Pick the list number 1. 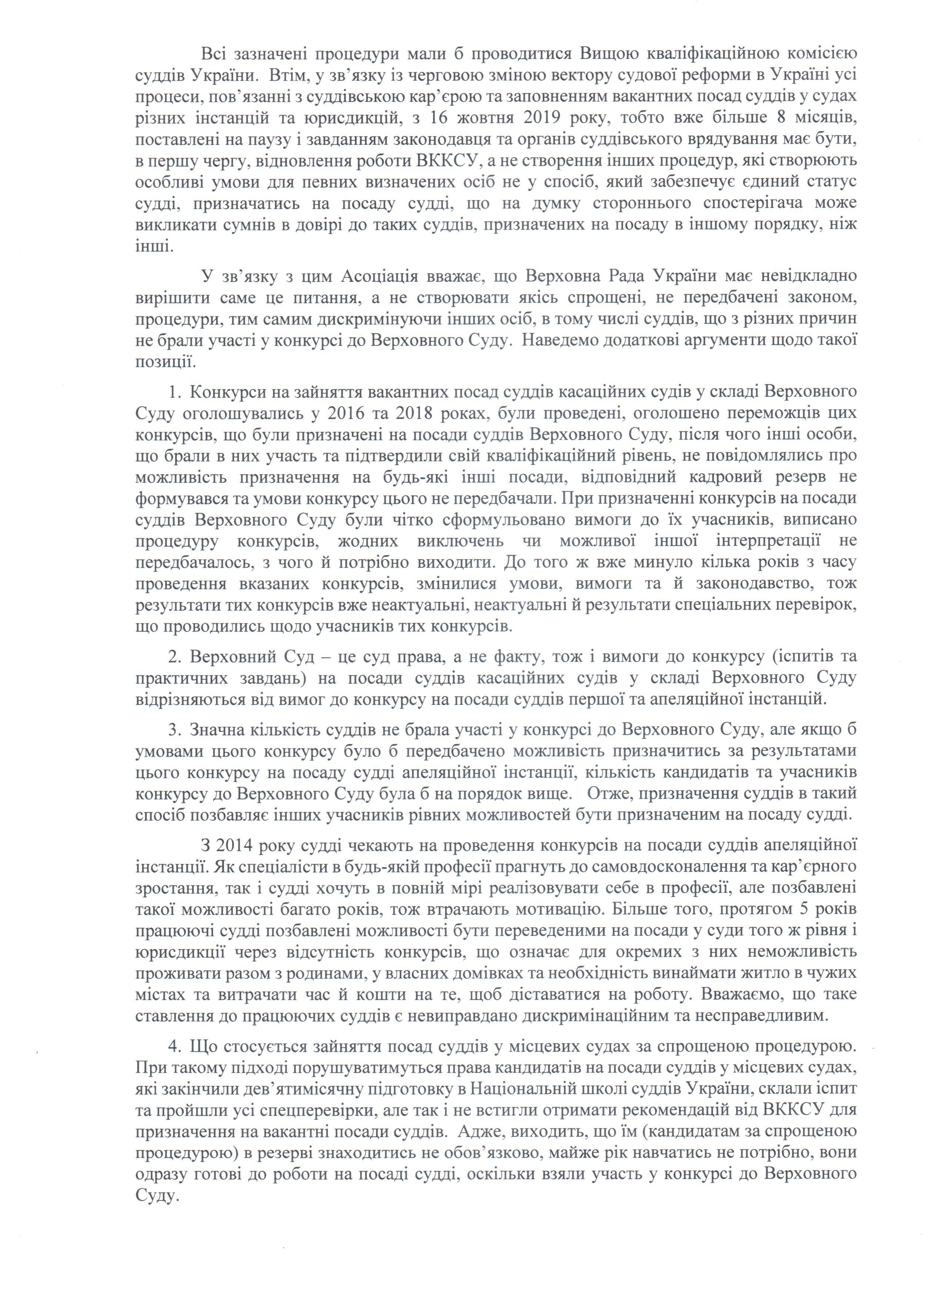(x=174, y=392)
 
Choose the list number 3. (x=174, y=730)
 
